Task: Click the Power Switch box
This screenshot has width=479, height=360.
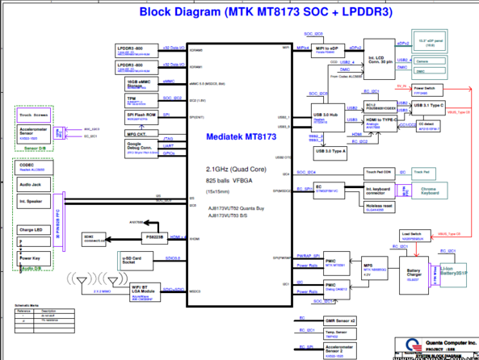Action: click(x=424, y=88)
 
